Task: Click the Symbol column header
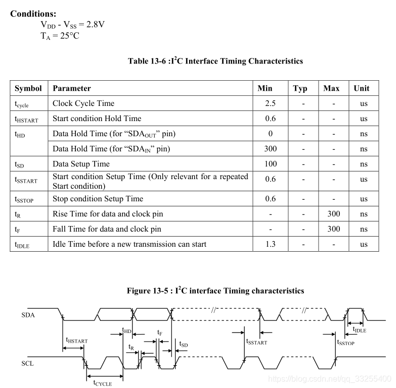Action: (x=28, y=88)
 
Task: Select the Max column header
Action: (x=331, y=88)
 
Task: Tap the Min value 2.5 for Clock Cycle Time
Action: (x=270, y=103)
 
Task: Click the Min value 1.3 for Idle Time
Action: (x=271, y=244)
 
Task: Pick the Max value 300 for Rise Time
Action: (x=333, y=214)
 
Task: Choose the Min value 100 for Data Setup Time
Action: (x=271, y=164)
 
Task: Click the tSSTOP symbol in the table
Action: (x=24, y=199)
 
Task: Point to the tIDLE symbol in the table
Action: (x=23, y=245)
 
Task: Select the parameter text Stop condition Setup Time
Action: (x=98, y=199)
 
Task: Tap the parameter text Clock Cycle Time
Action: (x=83, y=103)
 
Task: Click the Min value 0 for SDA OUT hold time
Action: (x=271, y=134)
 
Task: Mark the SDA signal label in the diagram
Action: (x=28, y=315)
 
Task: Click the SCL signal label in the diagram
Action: (x=28, y=363)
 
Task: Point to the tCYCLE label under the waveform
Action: (x=102, y=383)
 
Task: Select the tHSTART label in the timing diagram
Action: (x=76, y=341)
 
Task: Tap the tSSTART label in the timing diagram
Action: (x=256, y=342)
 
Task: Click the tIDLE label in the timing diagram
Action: (x=359, y=330)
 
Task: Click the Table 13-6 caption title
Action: (x=215, y=61)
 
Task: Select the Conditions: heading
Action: (x=33, y=14)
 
